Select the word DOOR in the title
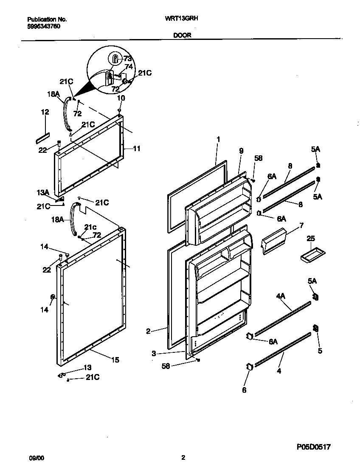[182, 36]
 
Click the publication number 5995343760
[44, 25]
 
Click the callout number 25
[312, 239]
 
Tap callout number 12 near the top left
[45, 112]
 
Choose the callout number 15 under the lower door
[115, 360]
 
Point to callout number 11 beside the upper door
[137, 149]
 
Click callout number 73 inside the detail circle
[127, 58]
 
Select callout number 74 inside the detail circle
[129, 66]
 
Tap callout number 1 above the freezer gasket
[218, 139]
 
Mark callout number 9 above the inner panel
[241, 150]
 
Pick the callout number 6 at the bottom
[244, 390]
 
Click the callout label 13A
[43, 193]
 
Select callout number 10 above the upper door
[121, 98]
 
